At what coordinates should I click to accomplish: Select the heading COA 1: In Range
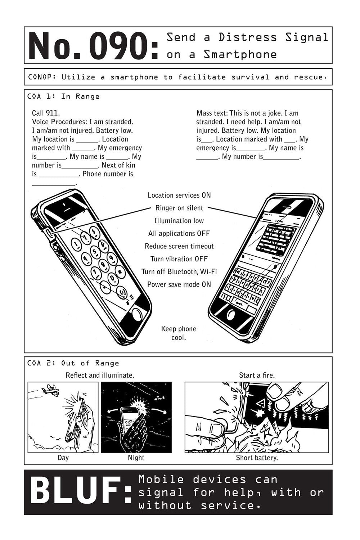tap(63, 96)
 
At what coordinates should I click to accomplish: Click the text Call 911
tap(46, 113)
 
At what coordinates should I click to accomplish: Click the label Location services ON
tap(179, 195)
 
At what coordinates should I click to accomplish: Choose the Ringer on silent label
tap(179, 208)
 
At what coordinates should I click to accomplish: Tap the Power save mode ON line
tap(179, 284)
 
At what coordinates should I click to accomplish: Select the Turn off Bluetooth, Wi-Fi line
tap(179, 271)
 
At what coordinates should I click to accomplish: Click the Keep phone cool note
tap(179, 333)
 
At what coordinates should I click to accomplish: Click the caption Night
tap(136, 458)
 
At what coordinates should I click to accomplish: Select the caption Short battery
tap(257, 458)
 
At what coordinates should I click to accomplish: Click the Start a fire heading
tap(257, 375)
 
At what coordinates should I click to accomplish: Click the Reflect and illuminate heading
tap(100, 375)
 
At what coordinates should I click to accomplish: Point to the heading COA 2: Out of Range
tap(73, 363)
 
